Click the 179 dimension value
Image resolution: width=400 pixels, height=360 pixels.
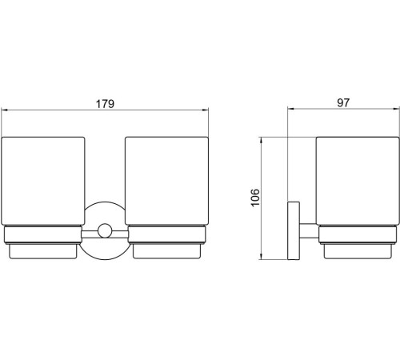(x=105, y=104)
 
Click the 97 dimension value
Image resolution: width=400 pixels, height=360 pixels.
(x=343, y=102)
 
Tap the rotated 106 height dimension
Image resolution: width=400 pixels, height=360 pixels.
(x=255, y=198)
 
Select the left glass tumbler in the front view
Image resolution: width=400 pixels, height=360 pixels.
(x=43, y=181)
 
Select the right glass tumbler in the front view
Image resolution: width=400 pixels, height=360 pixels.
(x=166, y=181)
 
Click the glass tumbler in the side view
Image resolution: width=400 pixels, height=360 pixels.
(x=358, y=181)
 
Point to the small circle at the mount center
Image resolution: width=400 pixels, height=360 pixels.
(x=105, y=231)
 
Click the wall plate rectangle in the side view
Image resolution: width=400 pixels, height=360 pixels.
(x=294, y=230)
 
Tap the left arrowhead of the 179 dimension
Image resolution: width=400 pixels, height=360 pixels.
(x=4, y=110)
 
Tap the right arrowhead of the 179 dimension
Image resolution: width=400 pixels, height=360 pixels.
(x=206, y=110)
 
